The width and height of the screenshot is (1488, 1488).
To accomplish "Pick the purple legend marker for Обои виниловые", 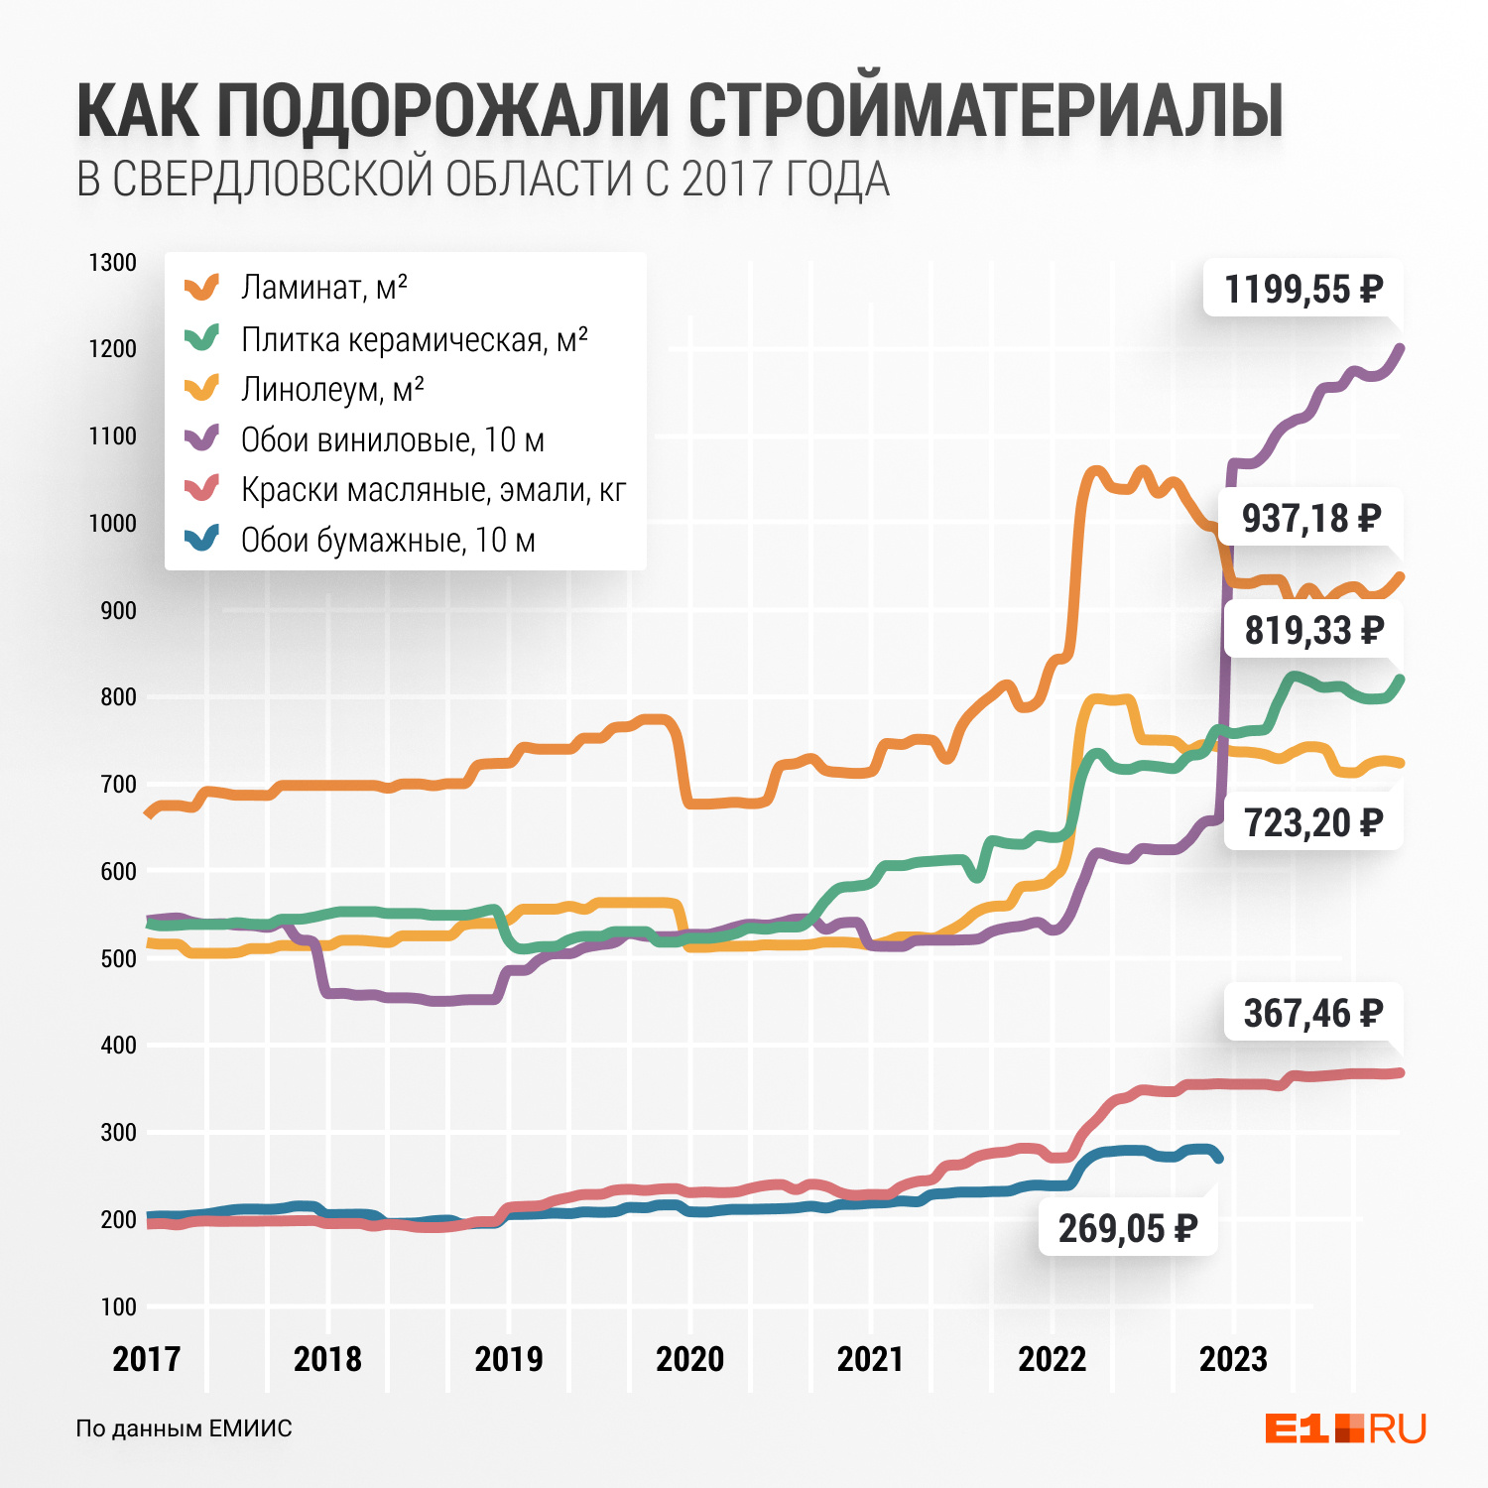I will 202,437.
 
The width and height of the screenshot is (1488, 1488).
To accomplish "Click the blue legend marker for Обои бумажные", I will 202,539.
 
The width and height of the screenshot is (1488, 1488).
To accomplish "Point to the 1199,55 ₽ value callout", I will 1302,289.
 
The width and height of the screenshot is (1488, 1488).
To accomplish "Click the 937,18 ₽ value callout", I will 1311,518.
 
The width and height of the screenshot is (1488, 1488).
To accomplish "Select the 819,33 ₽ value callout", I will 1313,630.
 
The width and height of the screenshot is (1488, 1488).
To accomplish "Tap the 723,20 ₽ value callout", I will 1312,822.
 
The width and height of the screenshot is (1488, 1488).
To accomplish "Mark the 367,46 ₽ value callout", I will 1312,1013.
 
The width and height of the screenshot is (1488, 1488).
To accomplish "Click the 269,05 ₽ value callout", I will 1128,1228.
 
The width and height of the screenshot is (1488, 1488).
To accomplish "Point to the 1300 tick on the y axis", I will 113,263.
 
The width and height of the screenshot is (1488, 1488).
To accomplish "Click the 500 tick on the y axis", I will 118,958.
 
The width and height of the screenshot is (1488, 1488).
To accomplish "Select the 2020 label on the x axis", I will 689,1358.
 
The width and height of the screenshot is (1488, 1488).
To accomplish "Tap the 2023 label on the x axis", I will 1233,1358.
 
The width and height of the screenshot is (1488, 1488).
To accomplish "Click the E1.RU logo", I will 1345,1428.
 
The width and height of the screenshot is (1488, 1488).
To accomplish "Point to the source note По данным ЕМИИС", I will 185,1428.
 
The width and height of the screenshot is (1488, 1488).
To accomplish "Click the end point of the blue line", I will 1218,1158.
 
